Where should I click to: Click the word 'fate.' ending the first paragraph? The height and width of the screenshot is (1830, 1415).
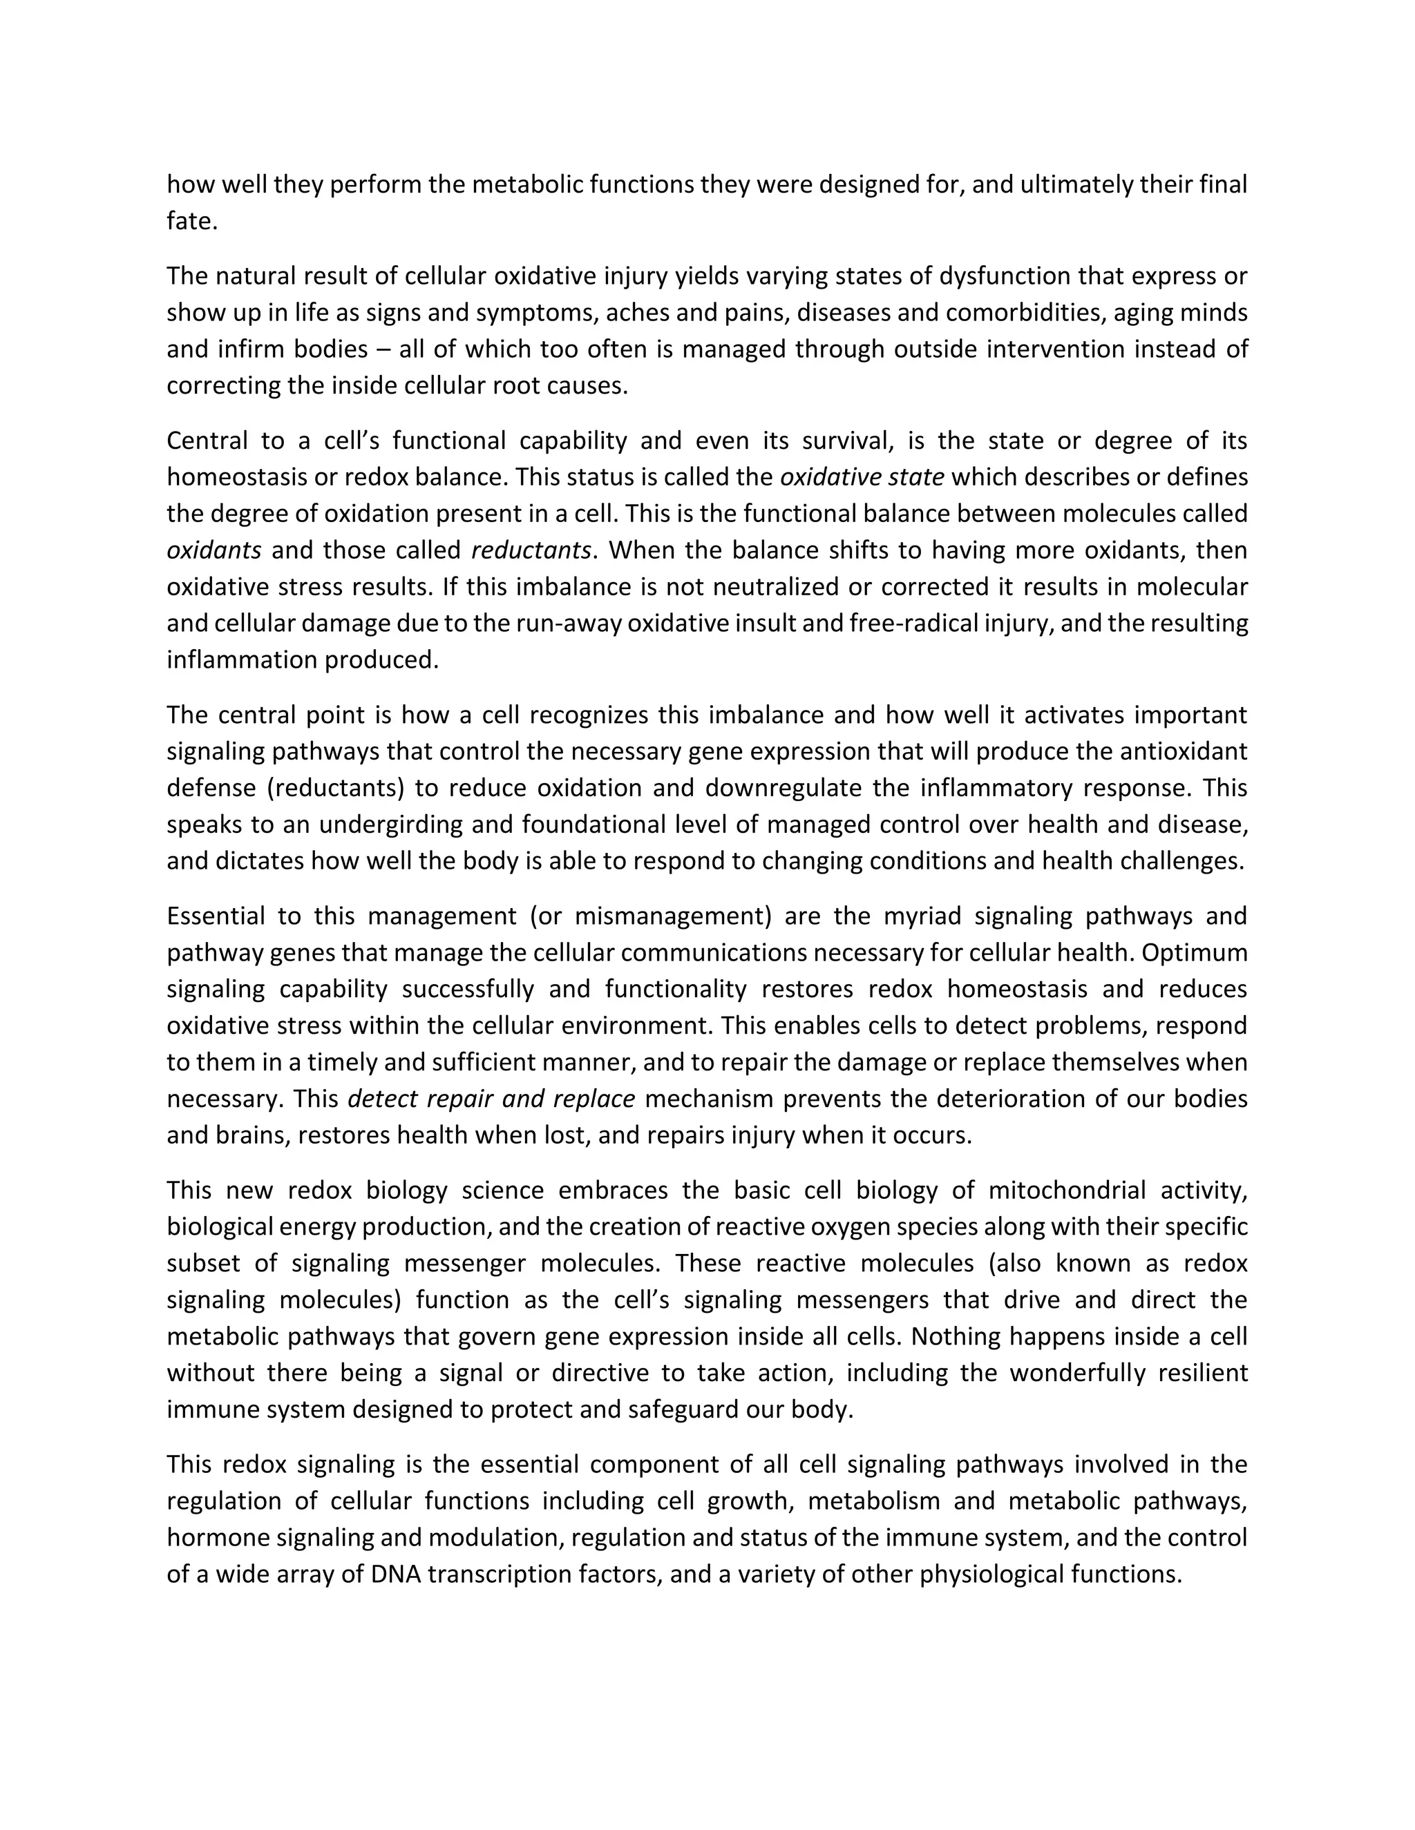pyautogui.click(x=192, y=221)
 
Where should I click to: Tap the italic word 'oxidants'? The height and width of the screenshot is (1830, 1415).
pyautogui.click(x=213, y=550)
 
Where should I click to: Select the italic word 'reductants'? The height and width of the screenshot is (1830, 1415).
pyautogui.click(x=531, y=550)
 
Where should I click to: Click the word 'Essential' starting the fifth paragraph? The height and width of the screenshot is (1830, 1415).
pyautogui.click(x=216, y=916)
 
